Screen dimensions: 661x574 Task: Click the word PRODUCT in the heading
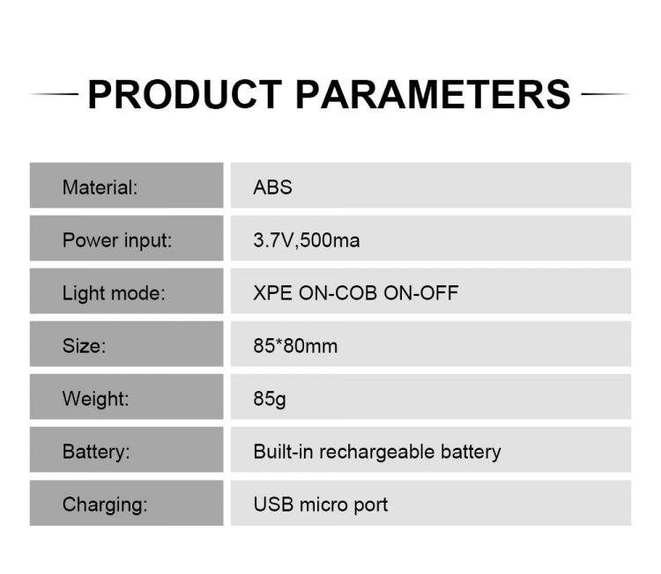tap(185, 94)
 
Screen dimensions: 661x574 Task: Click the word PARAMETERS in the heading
tap(434, 94)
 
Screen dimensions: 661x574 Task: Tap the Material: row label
tap(100, 188)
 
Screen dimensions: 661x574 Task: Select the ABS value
tap(272, 188)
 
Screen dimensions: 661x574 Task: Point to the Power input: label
tap(117, 241)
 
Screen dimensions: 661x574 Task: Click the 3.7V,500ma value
tap(307, 240)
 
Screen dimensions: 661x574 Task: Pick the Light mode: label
tap(114, 293)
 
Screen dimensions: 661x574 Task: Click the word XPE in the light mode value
tap(272, 293)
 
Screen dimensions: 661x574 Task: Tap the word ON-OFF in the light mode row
tap(420, 293)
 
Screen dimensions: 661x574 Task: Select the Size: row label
tap(84, 346)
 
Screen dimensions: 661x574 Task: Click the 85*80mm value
tap(295, 346)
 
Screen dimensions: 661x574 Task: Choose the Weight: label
tap(96, 399)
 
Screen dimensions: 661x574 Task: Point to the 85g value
tap(270, 399)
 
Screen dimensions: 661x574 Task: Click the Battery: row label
tap(96, 452)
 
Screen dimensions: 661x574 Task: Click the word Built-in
tap(283, 452)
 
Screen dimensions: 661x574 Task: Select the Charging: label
tap(105, 505)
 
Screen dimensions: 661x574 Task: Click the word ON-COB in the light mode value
tap(338, 293)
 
